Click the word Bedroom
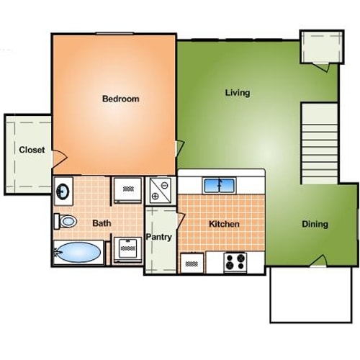click(120, 99)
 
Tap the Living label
click(238, 93)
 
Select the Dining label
click(315, 224)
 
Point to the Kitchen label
click(224, 224)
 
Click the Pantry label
click(158, 237)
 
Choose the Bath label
click(102, 223)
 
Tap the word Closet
click(32, 150)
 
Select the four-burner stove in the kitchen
click(233, 261)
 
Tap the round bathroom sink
click(63, 192)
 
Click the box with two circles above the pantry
click(159, 190)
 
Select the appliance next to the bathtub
click(127, 250)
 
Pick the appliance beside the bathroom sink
click(127, 190)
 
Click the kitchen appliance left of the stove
click(192, 263)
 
